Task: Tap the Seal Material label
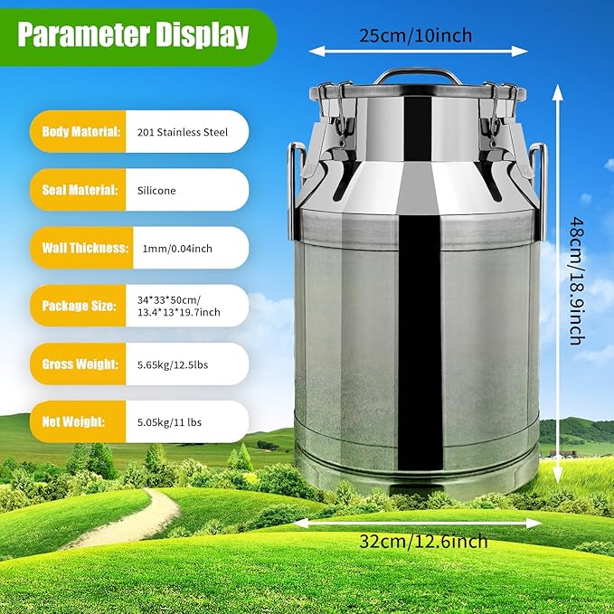[x=80, y=190]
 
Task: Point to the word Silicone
[x=156, y=191]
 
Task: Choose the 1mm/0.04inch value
[x=177, y=248]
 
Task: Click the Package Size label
[x=80, y=306]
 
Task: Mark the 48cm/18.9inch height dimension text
[x=575, y=279]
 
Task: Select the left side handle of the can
[x=294, y=185]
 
